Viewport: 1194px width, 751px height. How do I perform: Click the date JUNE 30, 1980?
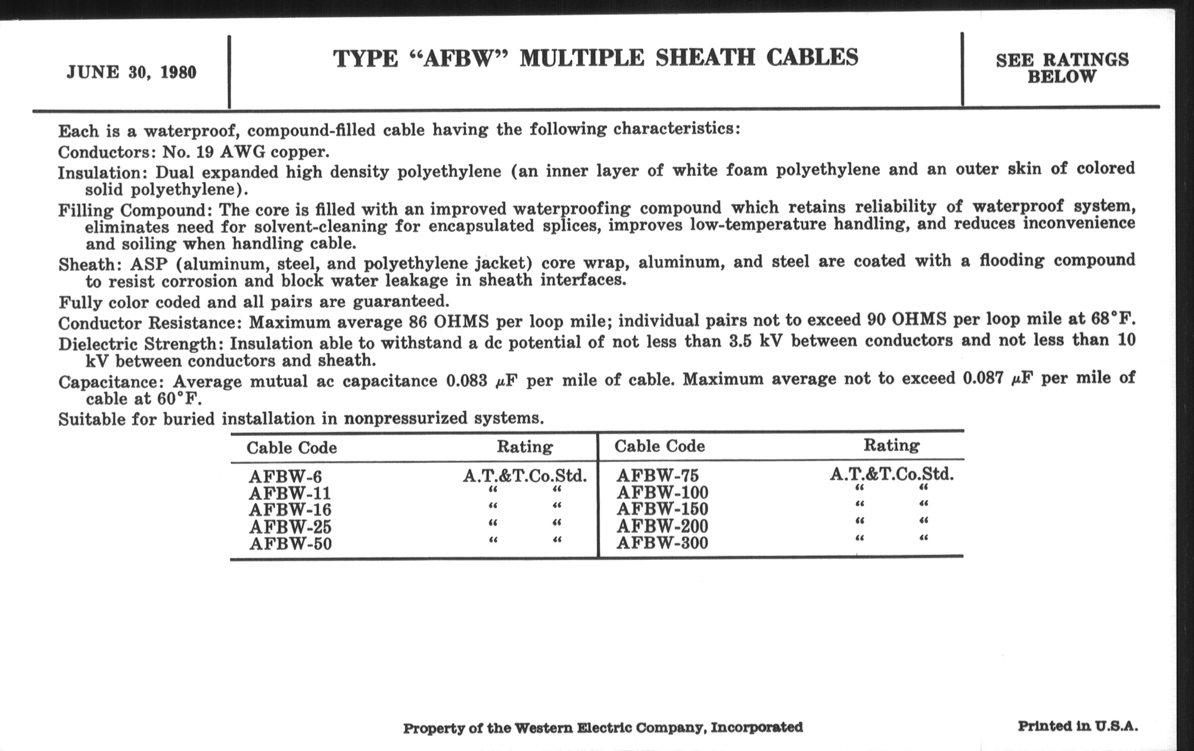(132, 72)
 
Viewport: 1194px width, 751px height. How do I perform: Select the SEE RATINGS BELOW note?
(1062, 68)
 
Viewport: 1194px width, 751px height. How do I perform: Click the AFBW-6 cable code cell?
(285, 477)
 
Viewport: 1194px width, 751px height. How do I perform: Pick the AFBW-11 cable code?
(290, 494)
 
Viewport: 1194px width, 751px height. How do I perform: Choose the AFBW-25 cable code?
(290, 527)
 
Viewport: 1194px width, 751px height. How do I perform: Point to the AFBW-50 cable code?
(290, 544)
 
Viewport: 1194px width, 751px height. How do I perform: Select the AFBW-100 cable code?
(662, 493)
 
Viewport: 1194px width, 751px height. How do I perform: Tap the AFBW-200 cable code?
(662, 526)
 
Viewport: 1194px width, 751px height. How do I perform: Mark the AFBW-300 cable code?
(662, 543)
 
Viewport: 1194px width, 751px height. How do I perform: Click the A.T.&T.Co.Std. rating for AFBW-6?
(525, 477)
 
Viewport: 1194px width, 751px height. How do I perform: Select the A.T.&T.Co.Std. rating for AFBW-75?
(892, 474)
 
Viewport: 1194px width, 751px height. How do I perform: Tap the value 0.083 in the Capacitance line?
(466, 381)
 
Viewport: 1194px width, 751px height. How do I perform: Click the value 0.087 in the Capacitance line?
(983, 378)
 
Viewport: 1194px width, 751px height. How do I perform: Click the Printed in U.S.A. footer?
(1078, 726)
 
